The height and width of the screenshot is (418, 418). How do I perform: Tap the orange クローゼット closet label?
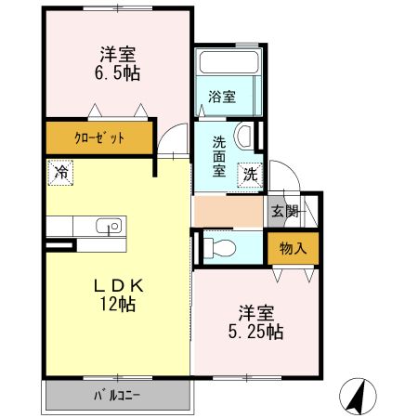coord(99,140)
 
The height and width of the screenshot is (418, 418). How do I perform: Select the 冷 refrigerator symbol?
coord(60,172)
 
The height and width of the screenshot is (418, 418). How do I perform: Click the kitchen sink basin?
coord(108,226)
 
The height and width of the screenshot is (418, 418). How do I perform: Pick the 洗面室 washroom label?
coord(219,156)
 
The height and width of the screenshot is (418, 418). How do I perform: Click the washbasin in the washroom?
coord(245,137)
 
